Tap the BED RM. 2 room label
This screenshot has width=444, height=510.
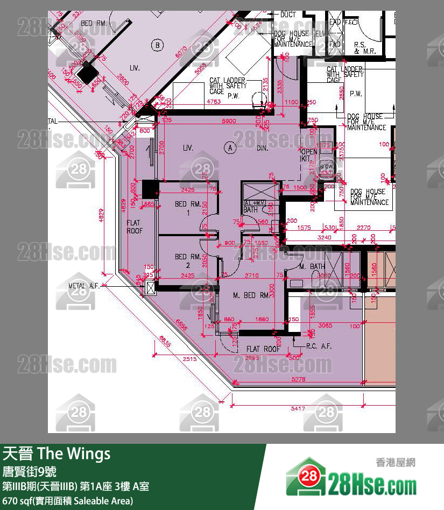[188, 261]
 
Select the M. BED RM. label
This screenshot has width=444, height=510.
[251, 295]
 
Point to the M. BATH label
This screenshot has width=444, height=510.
[312, 266]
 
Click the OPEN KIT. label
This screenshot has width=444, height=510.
[309, 155]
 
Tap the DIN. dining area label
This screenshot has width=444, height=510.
[262, 147]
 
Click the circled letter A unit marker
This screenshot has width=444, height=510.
[230, 147]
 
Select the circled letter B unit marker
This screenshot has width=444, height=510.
[157, 45]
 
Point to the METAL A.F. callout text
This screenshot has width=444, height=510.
[84, 286]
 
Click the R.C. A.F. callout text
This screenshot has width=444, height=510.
[319, 346]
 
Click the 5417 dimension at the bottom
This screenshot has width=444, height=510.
[298, 409]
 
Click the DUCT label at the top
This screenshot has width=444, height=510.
[288, 15]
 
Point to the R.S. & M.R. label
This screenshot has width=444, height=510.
[364, 48]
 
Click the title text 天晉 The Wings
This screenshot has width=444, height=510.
[57, 454]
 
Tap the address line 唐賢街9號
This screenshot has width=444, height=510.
[30, 472]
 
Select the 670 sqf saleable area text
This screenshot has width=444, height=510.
[67, 501]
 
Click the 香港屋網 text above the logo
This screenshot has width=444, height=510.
[396, 462]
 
